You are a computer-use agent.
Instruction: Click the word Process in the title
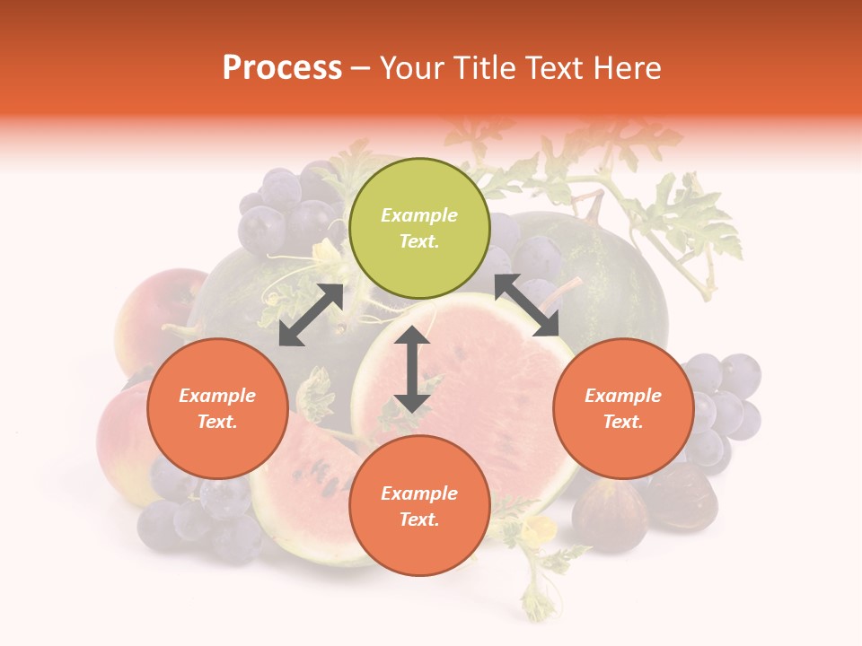pos(282,68)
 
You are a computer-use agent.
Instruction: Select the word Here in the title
pos(625,68)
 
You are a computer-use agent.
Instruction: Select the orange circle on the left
pos(217,408)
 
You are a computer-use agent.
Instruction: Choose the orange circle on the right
pos(623,408)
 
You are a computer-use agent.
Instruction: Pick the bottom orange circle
pos(419,505)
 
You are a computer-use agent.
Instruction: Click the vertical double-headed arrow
pos(412,369)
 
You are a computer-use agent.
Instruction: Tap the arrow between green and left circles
pos(311,315)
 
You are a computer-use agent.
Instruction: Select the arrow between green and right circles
pos(527,305)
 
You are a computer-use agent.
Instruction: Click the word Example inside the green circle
pos(419,215)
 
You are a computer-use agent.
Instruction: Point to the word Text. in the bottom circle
pos(419,519)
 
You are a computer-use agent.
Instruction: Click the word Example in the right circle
pos(623,396)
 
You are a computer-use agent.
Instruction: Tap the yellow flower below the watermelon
pos(541,528)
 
